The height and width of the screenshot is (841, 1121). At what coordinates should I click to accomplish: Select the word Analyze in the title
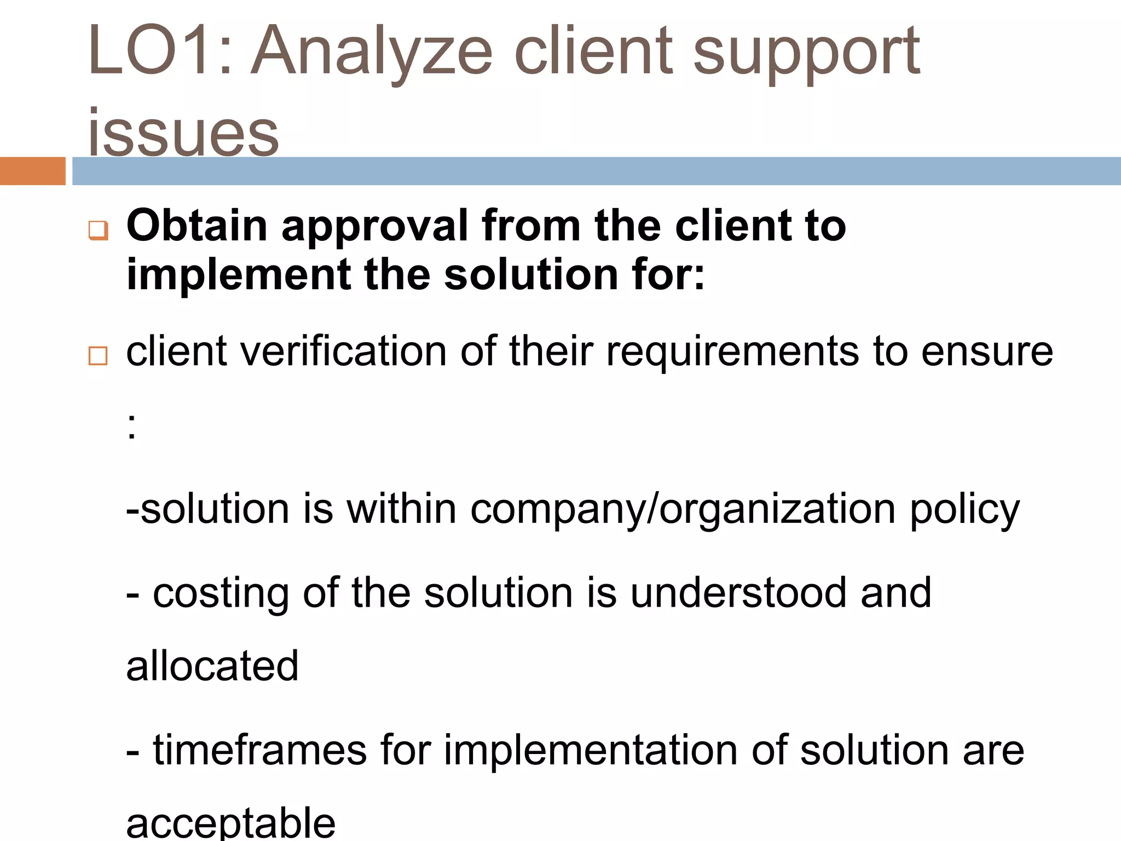372,52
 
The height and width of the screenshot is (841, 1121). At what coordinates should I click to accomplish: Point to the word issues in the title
183,131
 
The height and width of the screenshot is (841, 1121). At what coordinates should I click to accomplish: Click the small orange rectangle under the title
32,171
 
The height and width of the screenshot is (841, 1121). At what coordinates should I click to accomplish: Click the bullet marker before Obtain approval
98,230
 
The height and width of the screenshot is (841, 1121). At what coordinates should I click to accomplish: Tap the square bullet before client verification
98,356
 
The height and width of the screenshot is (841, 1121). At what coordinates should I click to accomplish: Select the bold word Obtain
197,226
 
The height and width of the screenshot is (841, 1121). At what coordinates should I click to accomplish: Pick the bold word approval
374,227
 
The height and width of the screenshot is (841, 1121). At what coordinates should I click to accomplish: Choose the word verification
343,351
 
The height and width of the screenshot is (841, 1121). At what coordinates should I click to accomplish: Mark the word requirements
732,352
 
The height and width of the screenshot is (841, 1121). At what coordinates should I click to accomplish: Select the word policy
964,509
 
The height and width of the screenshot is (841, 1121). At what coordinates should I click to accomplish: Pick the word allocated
212,666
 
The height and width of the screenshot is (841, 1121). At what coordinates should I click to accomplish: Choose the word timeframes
259,750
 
